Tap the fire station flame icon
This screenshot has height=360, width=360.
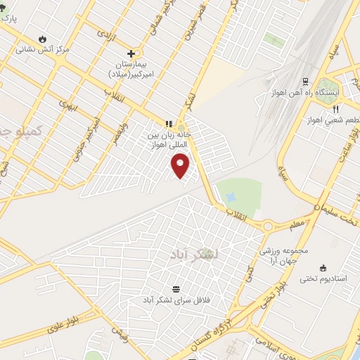pyautogui.click(x=43, y=38)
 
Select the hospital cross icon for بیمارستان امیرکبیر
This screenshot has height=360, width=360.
pyautogui.click(x=131, y=53)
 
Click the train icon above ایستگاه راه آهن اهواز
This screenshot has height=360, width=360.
pyautogui.click(x=305, y=82)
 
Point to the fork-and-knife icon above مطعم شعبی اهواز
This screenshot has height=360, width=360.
pyautogui.click(x=335, y=109)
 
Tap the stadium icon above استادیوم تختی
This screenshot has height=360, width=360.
pyautogui.click(x=323, y=268)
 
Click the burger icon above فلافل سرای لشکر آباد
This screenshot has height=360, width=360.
pyautogui.click(x=175, y=289)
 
